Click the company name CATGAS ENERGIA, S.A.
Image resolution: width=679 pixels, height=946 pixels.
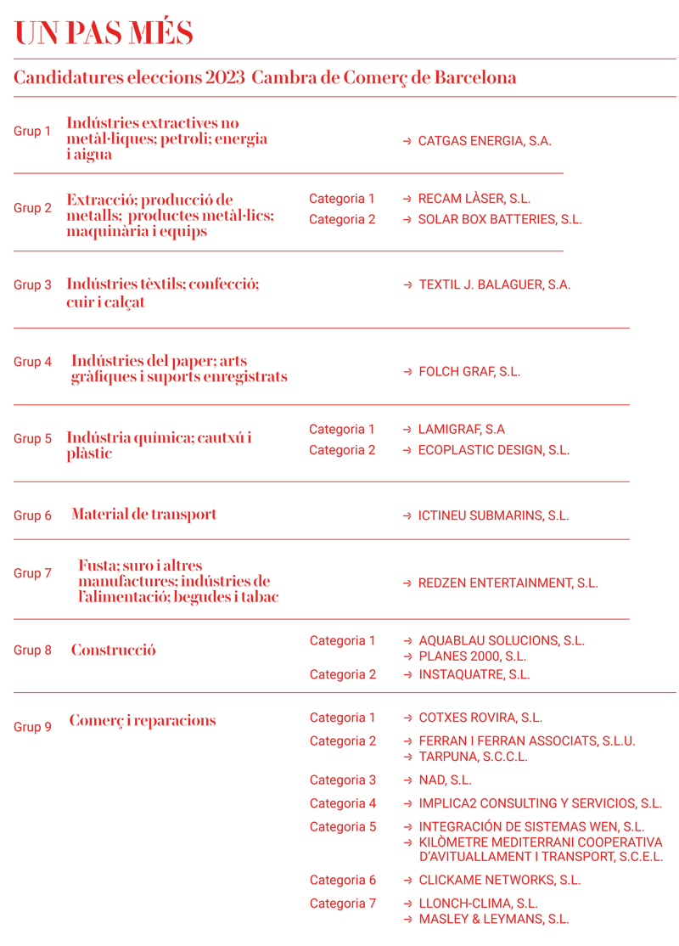click(485, 141)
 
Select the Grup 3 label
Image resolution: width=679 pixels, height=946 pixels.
click(32, 285)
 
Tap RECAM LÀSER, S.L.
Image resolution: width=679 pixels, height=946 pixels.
click(474, 199)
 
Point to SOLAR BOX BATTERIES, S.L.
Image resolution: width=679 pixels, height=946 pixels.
click(500, 219)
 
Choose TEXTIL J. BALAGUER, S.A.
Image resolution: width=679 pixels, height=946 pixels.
click(494, 284)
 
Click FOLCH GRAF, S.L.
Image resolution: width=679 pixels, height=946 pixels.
click(469, 372)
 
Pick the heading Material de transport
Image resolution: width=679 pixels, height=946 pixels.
click(143, 514)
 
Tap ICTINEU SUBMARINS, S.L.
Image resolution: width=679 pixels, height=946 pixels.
click(493, 515)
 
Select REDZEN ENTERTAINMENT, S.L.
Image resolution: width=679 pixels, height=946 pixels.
click(508, 583)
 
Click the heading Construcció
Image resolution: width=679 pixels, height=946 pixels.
click(113, 650)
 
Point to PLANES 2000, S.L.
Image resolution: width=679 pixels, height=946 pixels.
click(472, 656)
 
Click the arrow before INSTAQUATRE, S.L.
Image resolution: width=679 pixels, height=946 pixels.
click(408, 675)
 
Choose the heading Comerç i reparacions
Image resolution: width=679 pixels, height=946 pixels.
click(143, 720)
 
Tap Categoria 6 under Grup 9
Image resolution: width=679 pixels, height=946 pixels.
click(343, 880)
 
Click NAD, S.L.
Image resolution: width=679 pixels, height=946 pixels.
click(445, 780)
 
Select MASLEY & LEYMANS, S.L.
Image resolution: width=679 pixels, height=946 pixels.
click(493, 919)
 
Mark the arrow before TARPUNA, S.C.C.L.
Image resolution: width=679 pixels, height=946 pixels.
click(408, 757)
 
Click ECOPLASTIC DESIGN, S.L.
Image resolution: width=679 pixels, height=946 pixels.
click(493, 450)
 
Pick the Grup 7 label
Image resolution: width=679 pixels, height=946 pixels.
click(32, 574)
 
